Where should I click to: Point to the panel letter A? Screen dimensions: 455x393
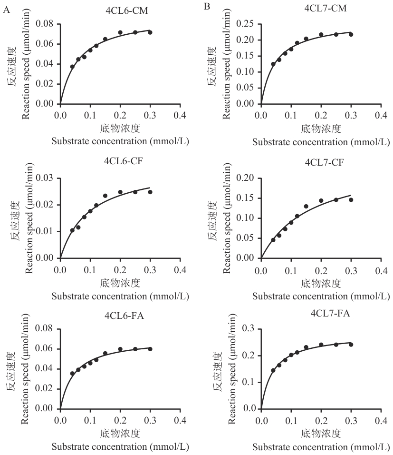coord(5,8)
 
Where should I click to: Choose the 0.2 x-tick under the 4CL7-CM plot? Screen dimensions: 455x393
coord(321,116)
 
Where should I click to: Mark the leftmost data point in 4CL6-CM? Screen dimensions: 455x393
coord(72,67)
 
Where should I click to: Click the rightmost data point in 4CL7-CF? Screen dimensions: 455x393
coord(351,200)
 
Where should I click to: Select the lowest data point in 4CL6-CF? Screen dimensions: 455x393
coord(72,230)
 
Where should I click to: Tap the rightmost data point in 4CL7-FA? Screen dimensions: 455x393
coord(351,345)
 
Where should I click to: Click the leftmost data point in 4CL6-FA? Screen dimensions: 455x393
coord(72,373)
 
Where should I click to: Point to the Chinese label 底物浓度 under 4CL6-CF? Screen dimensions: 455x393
coord(120,283)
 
